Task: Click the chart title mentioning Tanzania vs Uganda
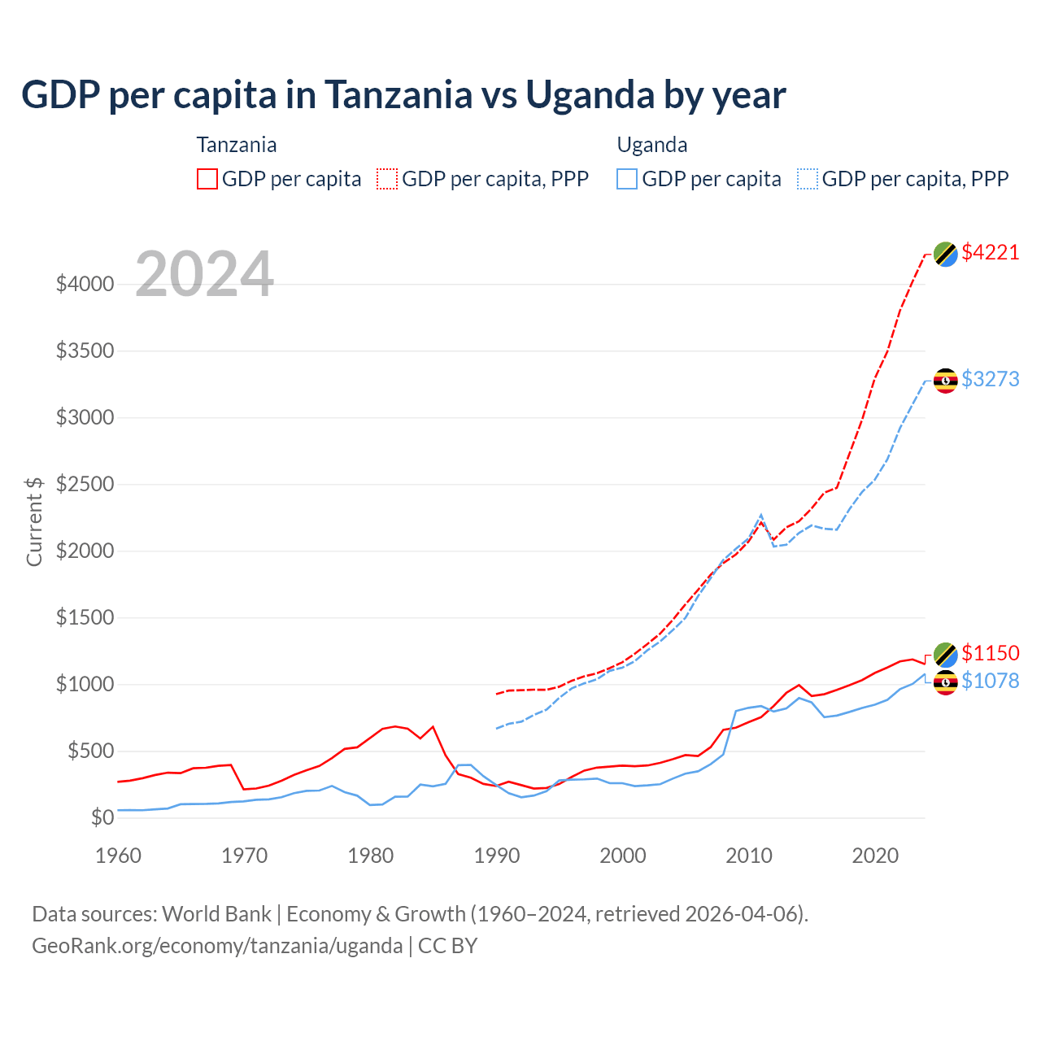click(x=403, y=94)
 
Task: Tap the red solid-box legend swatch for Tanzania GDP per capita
click(x=207, y=179)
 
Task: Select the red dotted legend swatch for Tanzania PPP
click(x=387, y=179)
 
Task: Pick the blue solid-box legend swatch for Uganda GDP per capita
click(x=627, y=179)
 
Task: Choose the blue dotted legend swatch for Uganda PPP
click(x=808, y=179)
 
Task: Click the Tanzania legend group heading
click(x=237, y=145)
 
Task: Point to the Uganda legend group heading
click(x=652, y=145)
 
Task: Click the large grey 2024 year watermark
click(x=204, y=274)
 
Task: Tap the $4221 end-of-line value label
click(x=990, y=252)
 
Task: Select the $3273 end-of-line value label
click(x=990, y=379)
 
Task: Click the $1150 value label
click(x=990, y=653)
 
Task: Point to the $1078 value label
click(x=990, y=681)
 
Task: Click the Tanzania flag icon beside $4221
click(x=945, y=254)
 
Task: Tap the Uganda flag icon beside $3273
click(x=945, y=381)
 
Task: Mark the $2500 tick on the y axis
click(x=85, y=485)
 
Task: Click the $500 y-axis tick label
click(x=89, y=751)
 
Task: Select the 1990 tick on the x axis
click(x=497, y=856)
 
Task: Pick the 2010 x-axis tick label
click(x=749, y=856)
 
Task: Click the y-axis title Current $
click(x=34, y=521)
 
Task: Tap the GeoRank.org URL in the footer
click(x=217, y=946)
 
